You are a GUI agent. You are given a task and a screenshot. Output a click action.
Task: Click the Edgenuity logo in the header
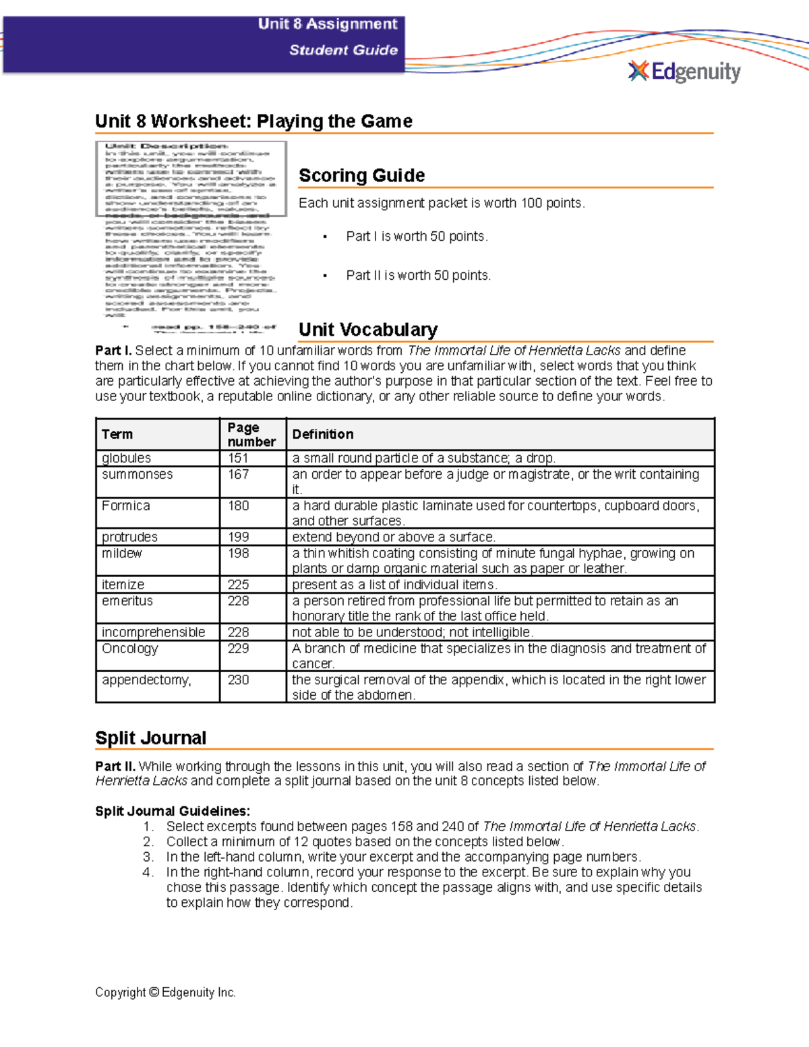pos(684,71)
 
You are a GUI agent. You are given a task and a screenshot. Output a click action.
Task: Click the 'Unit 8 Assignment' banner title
pos(328,24)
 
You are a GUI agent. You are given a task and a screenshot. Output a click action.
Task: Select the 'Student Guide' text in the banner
pos(343,50)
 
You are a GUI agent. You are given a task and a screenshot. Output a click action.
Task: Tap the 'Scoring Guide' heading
pos(361,175)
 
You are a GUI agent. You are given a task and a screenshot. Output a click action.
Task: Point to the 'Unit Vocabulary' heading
pos(368,330)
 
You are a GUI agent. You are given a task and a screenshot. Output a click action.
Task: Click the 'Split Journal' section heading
pos(150,738)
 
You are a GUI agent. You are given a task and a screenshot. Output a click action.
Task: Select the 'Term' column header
pos(117,434)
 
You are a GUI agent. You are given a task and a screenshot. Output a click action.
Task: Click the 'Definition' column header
pos(322,434)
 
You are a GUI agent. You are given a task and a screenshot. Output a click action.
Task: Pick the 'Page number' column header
pos(251,434)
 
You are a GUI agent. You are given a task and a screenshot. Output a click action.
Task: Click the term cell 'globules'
pos(126,458)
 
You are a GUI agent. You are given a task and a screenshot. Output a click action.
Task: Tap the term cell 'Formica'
pos(126,506)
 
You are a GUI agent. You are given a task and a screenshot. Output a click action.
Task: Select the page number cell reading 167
pos(239,475)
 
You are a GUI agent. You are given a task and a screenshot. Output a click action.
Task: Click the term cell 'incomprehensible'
pos(153,632)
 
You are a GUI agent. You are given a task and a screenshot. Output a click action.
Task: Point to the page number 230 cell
pos(239,680)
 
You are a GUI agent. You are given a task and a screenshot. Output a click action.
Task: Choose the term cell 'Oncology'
pos(129,649)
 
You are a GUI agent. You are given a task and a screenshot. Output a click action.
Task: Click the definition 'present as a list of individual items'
pos(394,585)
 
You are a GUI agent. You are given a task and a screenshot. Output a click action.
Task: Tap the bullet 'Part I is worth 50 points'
pos(417,237)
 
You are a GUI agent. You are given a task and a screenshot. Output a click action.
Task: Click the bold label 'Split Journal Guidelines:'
pos(173,811)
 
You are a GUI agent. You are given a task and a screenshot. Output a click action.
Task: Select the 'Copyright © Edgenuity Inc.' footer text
pos(165,992)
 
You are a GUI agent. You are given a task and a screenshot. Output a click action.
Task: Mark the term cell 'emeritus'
pos(127,601)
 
